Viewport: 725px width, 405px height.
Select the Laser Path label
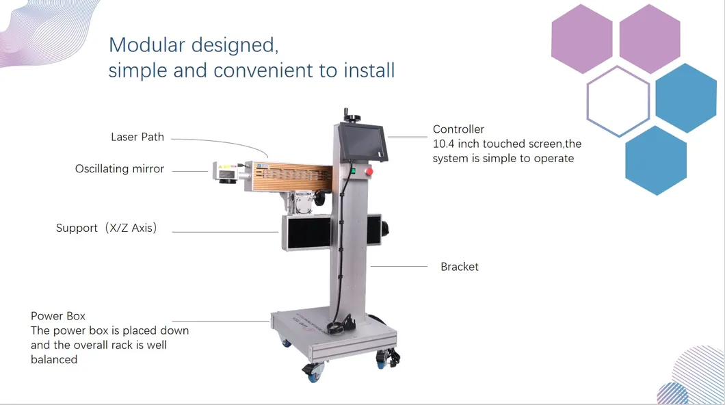click(x=137, y=137)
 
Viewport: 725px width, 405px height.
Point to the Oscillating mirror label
click(x=120, y=168)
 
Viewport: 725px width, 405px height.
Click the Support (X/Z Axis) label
click(x=107, y=228)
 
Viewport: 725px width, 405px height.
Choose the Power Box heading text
click(x=58, y=316)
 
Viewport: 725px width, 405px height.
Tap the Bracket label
click(x=460, y=267)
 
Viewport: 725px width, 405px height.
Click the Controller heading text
click(x=458, y=129)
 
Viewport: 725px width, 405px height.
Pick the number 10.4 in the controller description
click(x=445, y=144)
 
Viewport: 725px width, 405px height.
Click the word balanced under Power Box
click(x=54, y=359)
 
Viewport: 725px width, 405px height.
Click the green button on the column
click(x=352, y=171)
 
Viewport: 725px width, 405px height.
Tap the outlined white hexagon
click(x=618, y=101)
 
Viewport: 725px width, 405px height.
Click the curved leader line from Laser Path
click(x=226, y=142)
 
